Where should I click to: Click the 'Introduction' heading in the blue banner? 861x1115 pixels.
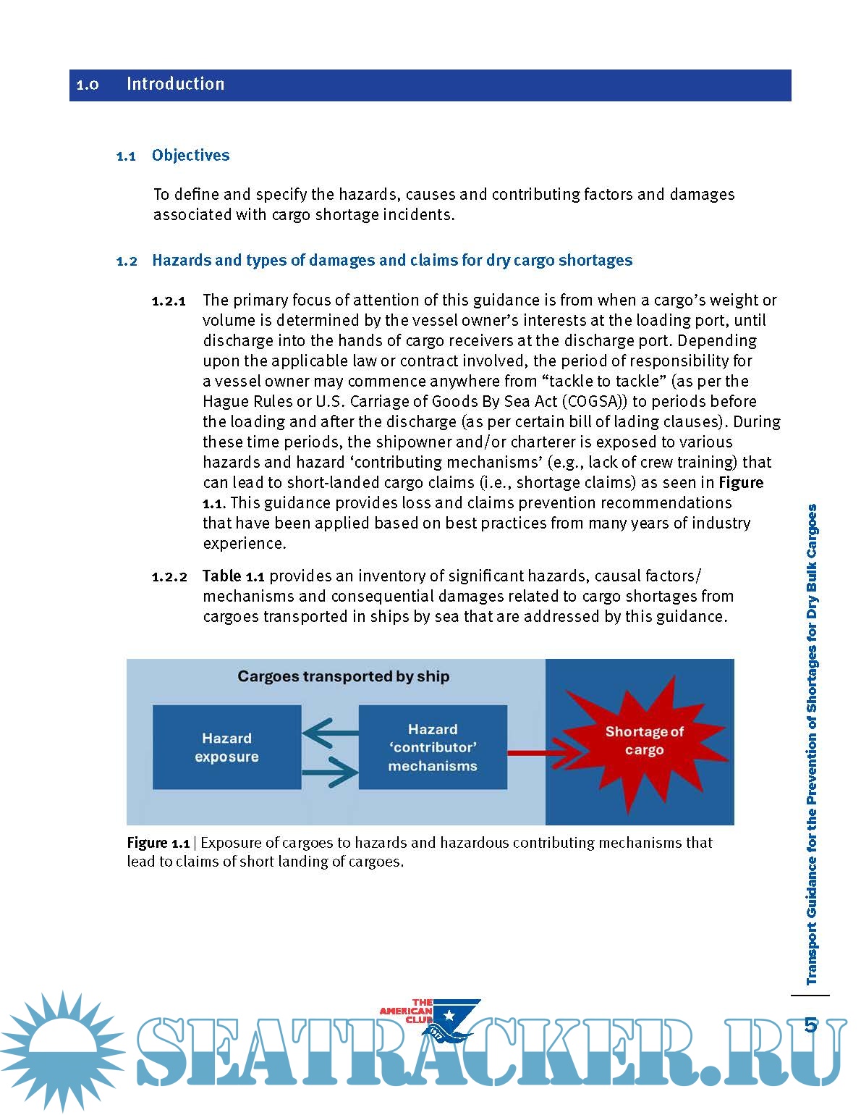pyautogui.click(x=175, y=84)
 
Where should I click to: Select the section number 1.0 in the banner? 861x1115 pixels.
pyautogui.click(x=88, y=85)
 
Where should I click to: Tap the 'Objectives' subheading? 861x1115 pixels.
pyautogui.click(x=190, y=155)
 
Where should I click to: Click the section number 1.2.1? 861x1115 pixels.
pyautogui.click(x=169, y=301)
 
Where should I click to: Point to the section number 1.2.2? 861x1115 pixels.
pyautogui.click(x=169, y=577)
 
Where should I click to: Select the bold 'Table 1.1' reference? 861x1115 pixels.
pyautogui.click(x=233, y=576)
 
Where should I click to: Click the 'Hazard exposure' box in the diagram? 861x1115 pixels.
pyautogui.click(x=226, y=747)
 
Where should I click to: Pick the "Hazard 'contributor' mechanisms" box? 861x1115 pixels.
pyautogui.click(x=433, y=747)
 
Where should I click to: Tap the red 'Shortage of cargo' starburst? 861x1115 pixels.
pyautogui.click(x=644, y=741)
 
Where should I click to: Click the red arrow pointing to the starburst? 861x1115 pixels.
pyautogui.click(x=539, y=753)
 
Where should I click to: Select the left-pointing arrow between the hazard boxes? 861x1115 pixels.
pyautogui.click(x=330, y=733)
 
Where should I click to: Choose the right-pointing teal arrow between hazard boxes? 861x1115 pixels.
pyautogui.click(x=330, y=772)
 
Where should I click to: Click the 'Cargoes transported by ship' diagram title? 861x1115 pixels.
pyautogui.click(x=343, y=676)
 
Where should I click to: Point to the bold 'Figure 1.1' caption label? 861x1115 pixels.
pyautogui.click(x=158, y=843)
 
